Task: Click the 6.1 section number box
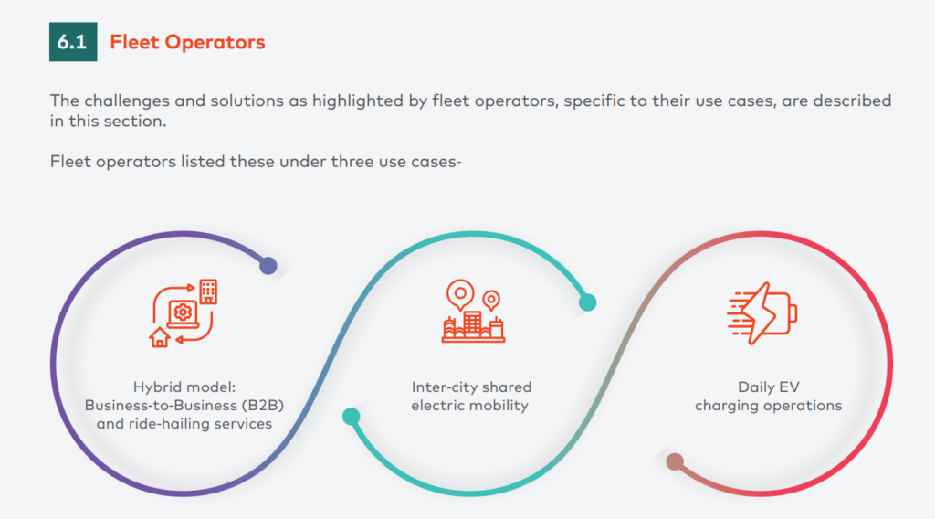click(x=73, y=42)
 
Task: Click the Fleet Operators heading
click(x=187, y=42)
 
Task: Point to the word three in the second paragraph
click(x=352, y=161)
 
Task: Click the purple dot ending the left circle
click(x=268, y=266)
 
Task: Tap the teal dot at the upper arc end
click(x=587, y=302)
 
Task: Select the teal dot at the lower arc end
click(x=351, y=416)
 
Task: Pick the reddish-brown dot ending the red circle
click(x=675, y=461)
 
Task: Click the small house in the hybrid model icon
click(x=159, y=337)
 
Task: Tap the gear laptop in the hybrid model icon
click(x=183, y=314)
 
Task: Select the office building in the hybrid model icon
click(x=208, y=291)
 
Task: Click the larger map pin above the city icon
click(x=460, y=295)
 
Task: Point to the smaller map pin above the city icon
click(x=491, y=300)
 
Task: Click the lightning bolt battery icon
click(x=762, y=313)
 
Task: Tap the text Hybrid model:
click(x=184, y=387)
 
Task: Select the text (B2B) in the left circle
click(x=262, y=405)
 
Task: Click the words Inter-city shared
click(x=471, y=387)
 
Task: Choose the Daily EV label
click(x=768, y=387)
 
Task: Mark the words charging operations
click(x=768, y=406)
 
